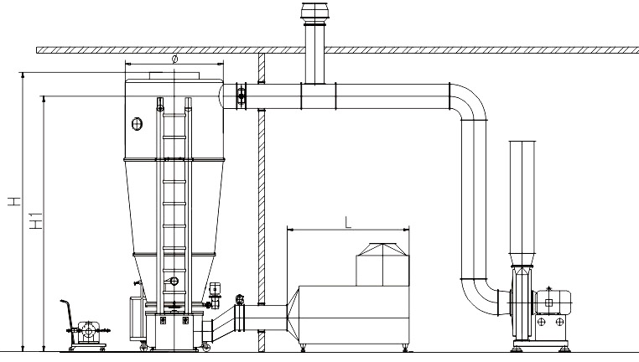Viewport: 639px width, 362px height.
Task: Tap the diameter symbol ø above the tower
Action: coord(174,59)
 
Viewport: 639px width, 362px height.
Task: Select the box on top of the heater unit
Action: coord(382,264)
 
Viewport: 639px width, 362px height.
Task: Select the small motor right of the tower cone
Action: coord(216,291)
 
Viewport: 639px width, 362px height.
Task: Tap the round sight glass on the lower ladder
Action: coord(174,281)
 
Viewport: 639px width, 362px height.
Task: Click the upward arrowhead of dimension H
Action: coord(23,75)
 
